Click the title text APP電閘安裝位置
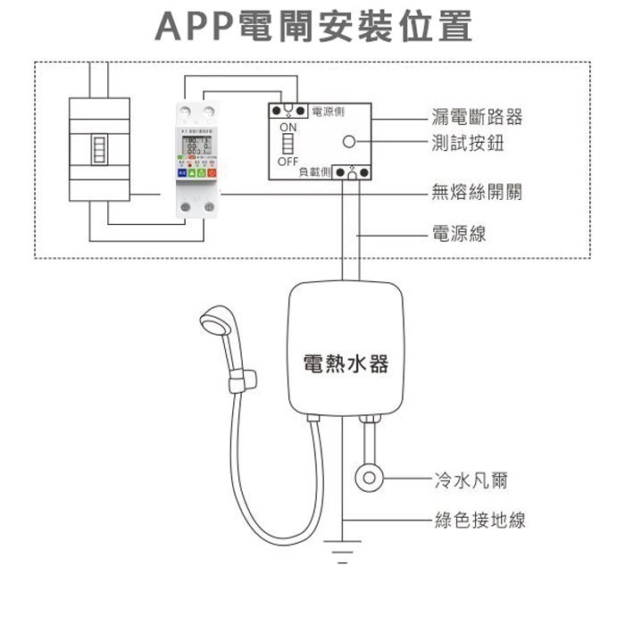coord(312,28)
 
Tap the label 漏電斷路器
coord(476,117)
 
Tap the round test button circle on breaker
coord(349,142)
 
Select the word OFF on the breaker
coord(287,162)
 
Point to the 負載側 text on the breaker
coord(315,171)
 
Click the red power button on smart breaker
coord(212,171)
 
